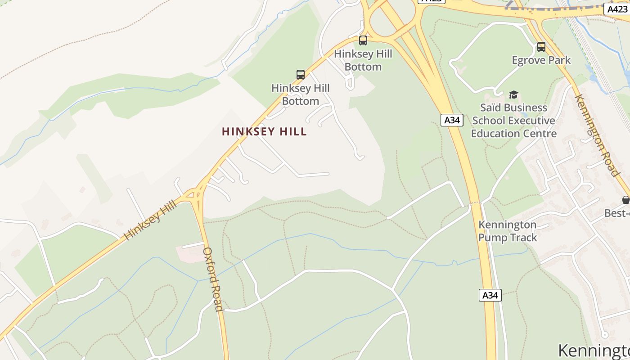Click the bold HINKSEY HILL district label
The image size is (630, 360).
click(264, 132)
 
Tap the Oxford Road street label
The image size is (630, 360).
click(213, 279)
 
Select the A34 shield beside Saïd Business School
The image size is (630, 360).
click(452, 120)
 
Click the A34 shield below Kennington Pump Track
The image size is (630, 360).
click(490, 295)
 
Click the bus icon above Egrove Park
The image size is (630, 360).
click(541, 47)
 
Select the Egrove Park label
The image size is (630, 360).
click(541, 60)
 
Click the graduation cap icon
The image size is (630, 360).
click(513, 94)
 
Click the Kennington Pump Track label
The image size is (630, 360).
click(507, 231)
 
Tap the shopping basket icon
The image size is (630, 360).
click(625, 200)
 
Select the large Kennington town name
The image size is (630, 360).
click(594, 351)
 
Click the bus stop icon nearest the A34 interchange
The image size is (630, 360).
click(363, 40)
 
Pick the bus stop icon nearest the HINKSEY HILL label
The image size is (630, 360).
click(300, 75)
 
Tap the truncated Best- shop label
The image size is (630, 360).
click(617, 213)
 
